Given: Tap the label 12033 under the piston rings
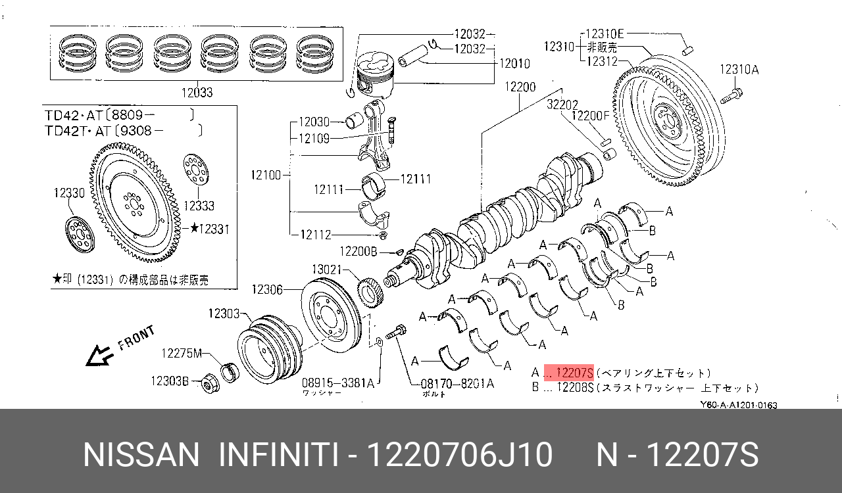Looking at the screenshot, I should point(196,93).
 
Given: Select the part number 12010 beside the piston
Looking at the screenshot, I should point(514,64).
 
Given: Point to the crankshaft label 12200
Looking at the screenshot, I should point(520,87).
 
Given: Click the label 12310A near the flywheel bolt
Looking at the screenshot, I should point(739,69).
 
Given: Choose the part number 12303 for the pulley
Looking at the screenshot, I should point(224,314).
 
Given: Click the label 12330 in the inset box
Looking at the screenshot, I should point(68,193).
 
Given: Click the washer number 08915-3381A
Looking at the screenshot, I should point(337,383).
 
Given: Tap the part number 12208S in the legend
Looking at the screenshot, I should point(574,388).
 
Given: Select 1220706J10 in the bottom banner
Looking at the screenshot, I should point(459,455).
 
